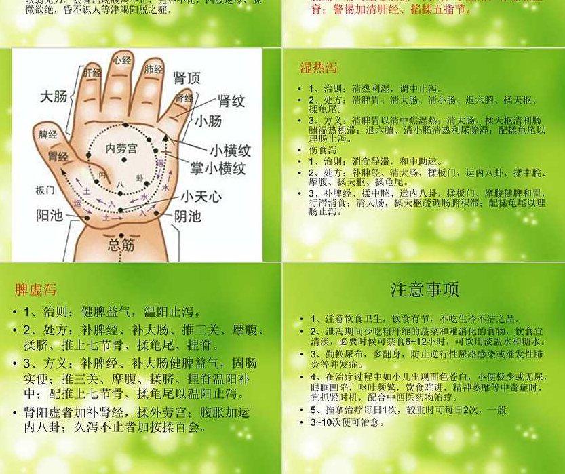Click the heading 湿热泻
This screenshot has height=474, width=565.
[318, 68]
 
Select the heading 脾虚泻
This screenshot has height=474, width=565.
[35, 290]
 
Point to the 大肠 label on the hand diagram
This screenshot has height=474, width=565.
[54, 96]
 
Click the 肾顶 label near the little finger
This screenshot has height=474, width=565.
[187, 78]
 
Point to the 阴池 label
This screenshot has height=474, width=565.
[187, 216]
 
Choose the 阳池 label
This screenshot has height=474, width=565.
[50, 216]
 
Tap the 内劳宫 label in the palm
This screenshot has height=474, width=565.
[121, 148]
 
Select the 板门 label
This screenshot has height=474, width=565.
[45, 191]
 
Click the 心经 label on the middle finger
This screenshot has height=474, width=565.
[122, 61]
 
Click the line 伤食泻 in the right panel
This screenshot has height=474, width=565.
[323, 150]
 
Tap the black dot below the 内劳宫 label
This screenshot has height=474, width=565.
[124, 161]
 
